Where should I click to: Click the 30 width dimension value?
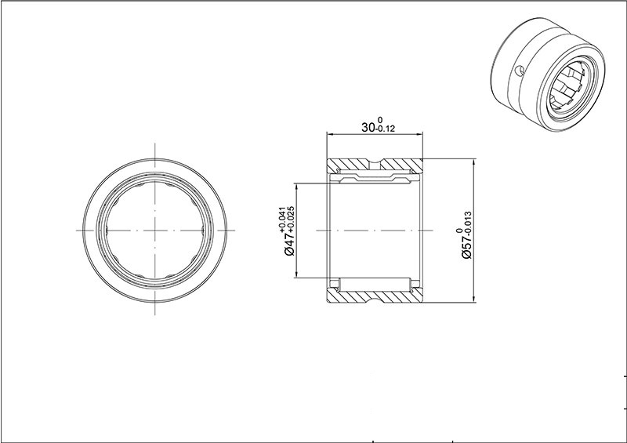coord(368,127)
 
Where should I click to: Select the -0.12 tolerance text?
coord(385,129)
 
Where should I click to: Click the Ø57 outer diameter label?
coord(466,246)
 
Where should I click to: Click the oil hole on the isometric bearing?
coord(518,71)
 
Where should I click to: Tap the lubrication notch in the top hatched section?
coord(375,163)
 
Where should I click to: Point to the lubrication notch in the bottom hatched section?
coord(375,298)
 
